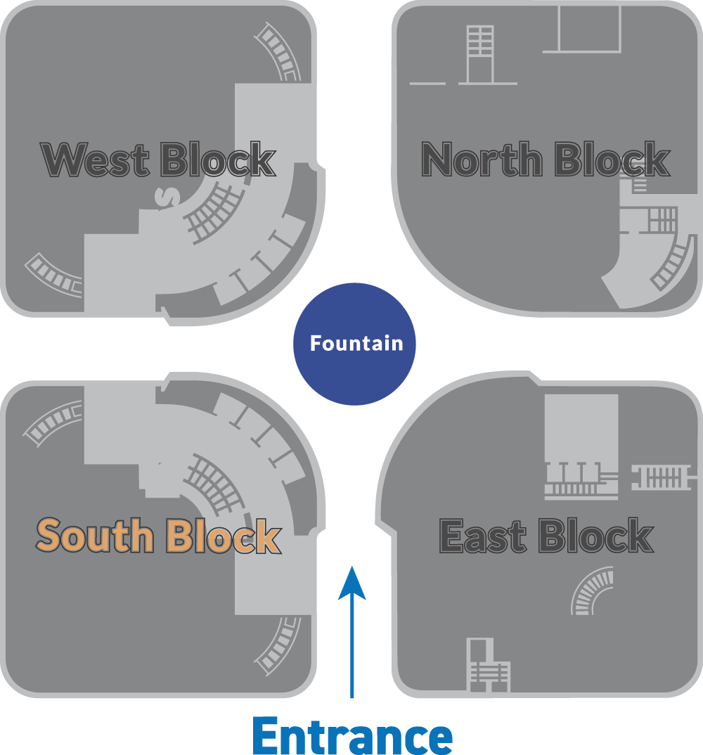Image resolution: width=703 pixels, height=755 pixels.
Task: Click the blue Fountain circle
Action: tap(354, 344)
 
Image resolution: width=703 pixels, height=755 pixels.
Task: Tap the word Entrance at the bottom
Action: tap(352, 735)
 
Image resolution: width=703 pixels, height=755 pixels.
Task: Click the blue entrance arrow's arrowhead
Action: tap(352, 583)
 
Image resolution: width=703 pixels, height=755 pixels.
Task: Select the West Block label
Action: tap(158, 160)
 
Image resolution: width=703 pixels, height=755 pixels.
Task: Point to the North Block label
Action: tap(546, 159)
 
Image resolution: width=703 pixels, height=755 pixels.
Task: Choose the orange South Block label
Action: tap(158, 536)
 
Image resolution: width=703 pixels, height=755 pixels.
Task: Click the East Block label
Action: tap(546, 536)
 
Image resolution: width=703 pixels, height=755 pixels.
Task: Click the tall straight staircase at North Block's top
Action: tap(481, 54)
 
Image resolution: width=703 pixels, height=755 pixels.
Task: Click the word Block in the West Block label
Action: tap(218, 160)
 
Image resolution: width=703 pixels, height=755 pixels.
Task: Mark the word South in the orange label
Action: tap(96, 536)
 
